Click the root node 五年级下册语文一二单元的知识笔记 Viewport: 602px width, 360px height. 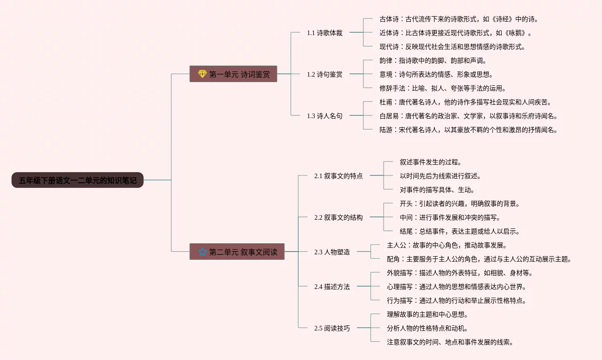(x=78, y=180)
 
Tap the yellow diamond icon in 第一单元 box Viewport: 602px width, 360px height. (x=202, y=74)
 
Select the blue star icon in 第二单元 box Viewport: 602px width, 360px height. (x=202, y=252)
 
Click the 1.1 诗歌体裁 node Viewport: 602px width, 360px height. (x=325, y=33)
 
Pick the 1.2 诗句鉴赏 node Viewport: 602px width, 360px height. (x=325, y=74)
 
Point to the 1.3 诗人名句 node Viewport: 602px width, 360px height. (x=325, y=116)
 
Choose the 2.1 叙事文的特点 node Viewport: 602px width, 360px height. (x=338, y=176)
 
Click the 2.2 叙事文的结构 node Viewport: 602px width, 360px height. (x=338, y=217)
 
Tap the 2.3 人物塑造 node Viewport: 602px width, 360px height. (x=332, y=252)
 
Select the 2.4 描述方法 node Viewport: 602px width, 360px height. (x=332, y=287)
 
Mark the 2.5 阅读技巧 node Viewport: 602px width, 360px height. (x=332, y=328)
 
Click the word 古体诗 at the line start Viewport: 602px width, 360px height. (x=389, y=19)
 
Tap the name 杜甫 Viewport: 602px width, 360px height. (x=385, y=102)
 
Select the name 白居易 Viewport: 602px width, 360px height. (x=389, y=116)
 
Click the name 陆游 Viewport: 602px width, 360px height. (x=385, y=130)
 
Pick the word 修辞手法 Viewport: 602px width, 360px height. (x=392, y=88)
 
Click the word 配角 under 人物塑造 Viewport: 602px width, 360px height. (x=393, y=259)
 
